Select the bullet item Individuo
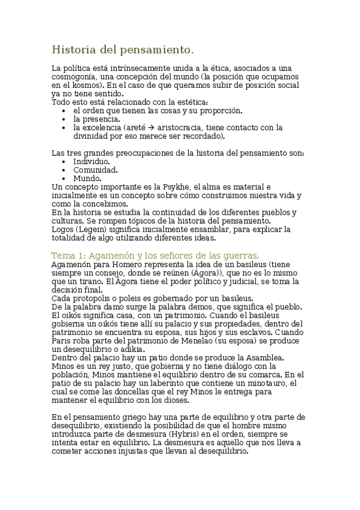click(91, 162)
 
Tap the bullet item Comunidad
click(96, 170)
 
